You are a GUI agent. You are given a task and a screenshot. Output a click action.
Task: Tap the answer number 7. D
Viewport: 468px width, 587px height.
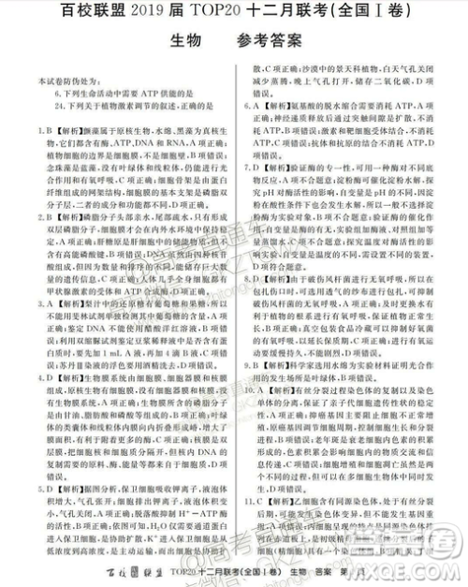point(249,168)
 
